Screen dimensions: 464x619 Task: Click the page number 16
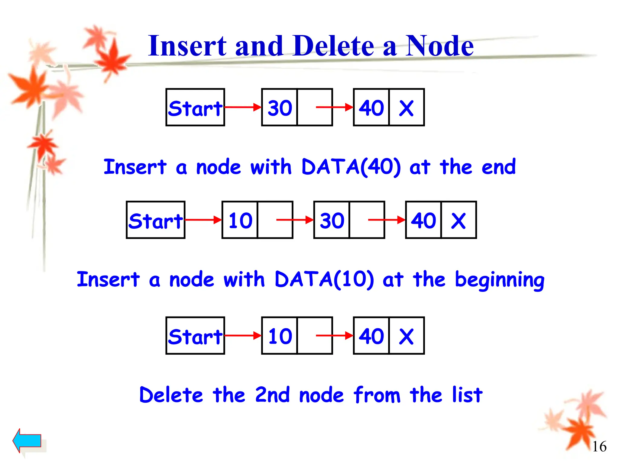pos(599,446)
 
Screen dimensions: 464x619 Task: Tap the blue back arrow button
pos(27,440)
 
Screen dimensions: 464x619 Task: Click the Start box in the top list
pos(195,108)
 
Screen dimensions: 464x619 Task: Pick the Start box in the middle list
pos(156,220)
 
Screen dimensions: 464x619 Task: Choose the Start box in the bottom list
pos(195,336)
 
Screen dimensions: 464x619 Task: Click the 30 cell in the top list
pos(280,108)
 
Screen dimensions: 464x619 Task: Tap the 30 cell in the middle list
pos(332,220)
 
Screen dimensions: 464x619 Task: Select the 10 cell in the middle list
pos(240,220)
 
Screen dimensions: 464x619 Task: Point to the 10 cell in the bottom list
pos(280,336)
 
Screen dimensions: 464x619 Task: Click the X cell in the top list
pos(406,108)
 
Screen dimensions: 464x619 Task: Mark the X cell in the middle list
pos(458,220)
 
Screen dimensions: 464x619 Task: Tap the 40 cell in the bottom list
pos(371,336)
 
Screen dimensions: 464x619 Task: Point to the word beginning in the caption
pos(499,280)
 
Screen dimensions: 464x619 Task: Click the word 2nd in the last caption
pos(272,395)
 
